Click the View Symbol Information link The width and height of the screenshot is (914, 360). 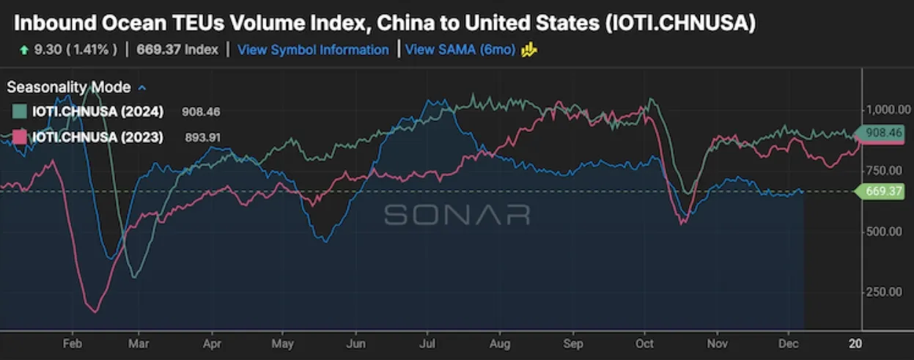click(313, 50)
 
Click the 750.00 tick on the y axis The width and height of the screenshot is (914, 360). click(884, 170)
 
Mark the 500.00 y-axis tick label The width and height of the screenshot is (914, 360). click(884, 231)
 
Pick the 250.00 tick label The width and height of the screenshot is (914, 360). click(884, 292)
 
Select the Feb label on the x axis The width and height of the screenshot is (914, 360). click(72, 343)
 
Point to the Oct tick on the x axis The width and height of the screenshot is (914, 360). click(644, 343)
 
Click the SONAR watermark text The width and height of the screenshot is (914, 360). click(457, 214)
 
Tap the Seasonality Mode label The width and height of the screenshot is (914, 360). click(69, 87)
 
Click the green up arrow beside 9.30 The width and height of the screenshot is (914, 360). click(25, 50)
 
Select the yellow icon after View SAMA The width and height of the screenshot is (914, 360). click(529, 50)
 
